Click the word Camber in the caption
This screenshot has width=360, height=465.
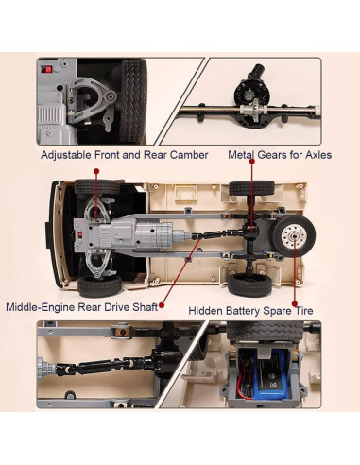pos(189,155)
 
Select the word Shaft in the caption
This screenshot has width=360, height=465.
pos(145,307)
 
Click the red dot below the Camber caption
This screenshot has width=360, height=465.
pos(96,171)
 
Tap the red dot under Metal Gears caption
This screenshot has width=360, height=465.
pos(252,162)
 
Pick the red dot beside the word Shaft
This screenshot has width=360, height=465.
pos(162,305)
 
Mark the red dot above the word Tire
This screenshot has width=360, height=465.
pos(295,303)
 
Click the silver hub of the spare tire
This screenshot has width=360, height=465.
pos(294,235)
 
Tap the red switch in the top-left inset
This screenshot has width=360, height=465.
pos(48,69)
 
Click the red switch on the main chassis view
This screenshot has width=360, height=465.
pos(79,234)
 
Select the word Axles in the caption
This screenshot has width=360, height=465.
pos(318,155)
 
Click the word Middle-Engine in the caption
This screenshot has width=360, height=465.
pos(41,307)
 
